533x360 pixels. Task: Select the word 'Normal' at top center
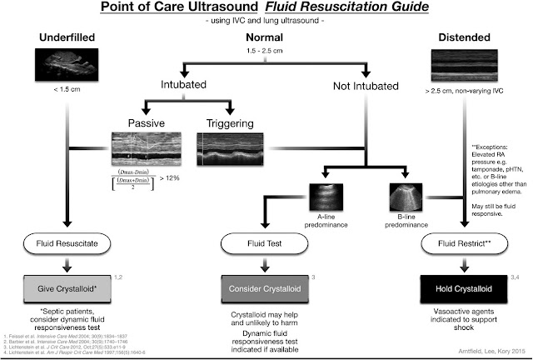click(x=266, y=38)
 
